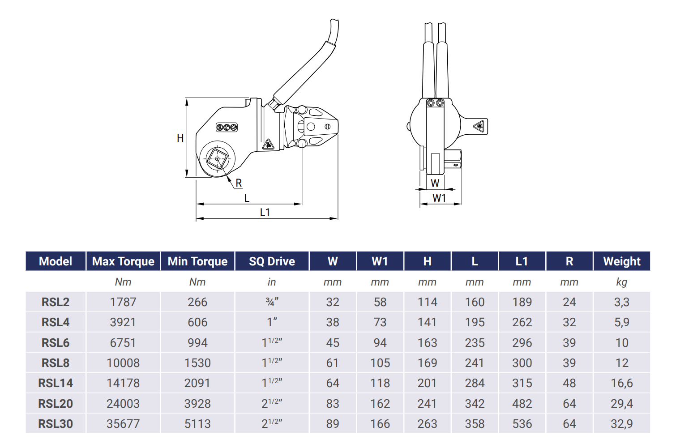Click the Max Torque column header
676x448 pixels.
pyautogui.click(x=123, y=261)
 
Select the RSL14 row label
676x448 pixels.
pyautogui.click(x=56, y=383)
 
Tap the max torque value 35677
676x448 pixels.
pyautogui.click(x=123, y=424)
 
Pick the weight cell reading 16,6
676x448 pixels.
pyautogui.click(x=621, y=383)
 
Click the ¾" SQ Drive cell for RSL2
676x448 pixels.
pyautogui.click(x=272, y=302)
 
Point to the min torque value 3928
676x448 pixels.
pyautogui.click(x=197, y=404)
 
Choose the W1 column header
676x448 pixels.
pyautogui.click(x=380, y=261)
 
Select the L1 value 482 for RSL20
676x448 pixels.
pyautogui.click(x=522, y=404)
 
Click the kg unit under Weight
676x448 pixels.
pyautogui.click(x=621, y=282)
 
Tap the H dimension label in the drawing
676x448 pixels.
pyautogui.click(x=180, y=138)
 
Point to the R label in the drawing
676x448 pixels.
pyautogui.click(x=239, y=183)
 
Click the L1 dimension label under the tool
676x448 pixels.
pyautogui.click(x=265, y=213)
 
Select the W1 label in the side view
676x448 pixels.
pyautogui.click(x=439, y=198)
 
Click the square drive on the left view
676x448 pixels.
pyautogui.click(x=218, y=158)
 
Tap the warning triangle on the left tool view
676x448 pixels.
pyautogui.click(x=268, y=144)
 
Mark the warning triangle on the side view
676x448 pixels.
pyautogui.click(x=479, y=127)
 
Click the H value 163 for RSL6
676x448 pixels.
pyautogui.click(x=427, y=343)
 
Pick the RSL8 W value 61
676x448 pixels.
pyautogui.click(x=332, y=363)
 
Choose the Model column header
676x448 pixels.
pyautogui.click(x=56, y=261)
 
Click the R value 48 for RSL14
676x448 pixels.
pyautogui.click(x=569, y=383)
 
